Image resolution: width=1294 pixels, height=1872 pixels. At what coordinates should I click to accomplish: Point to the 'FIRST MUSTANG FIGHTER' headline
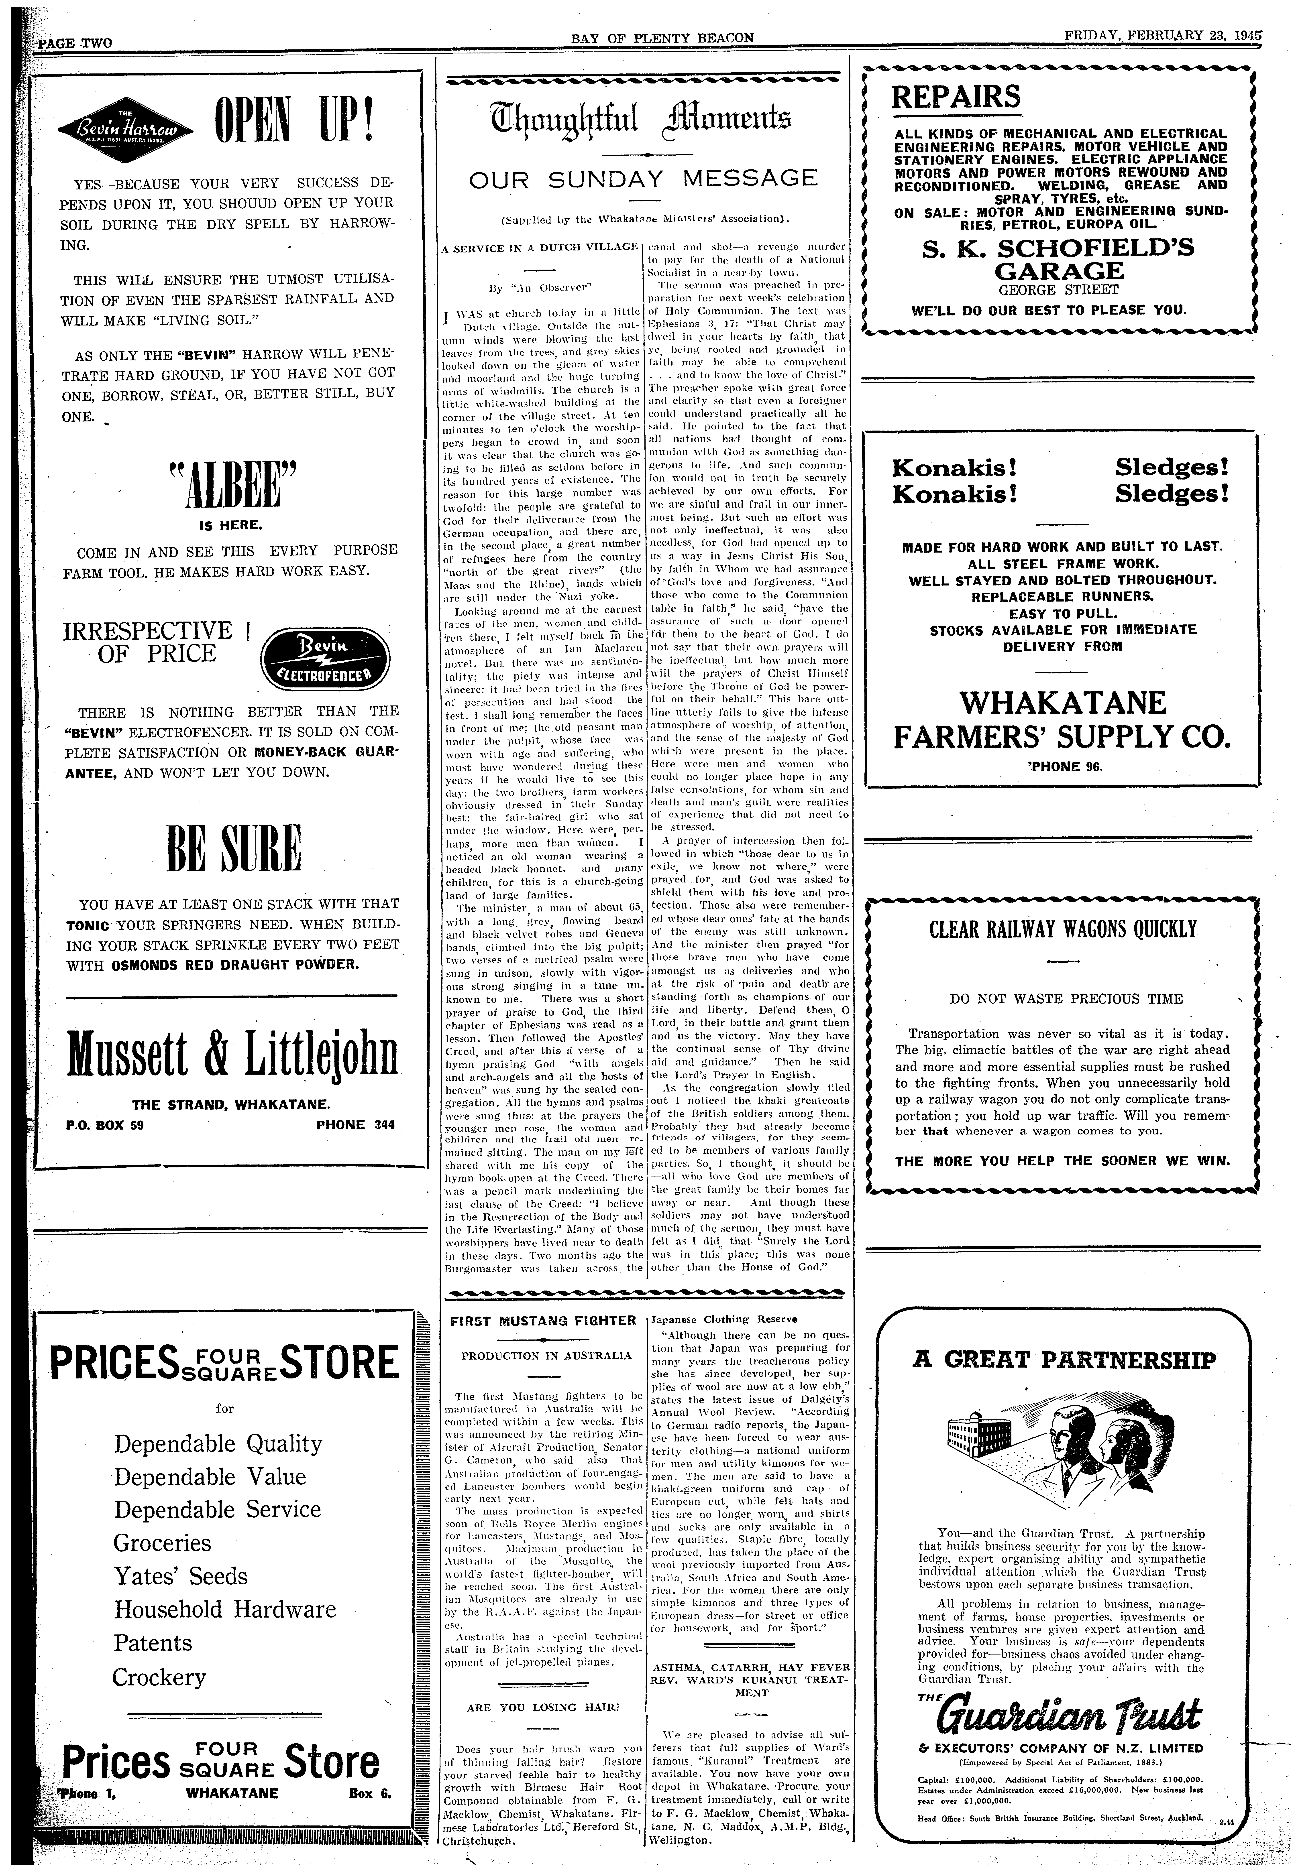pos(542,1320)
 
